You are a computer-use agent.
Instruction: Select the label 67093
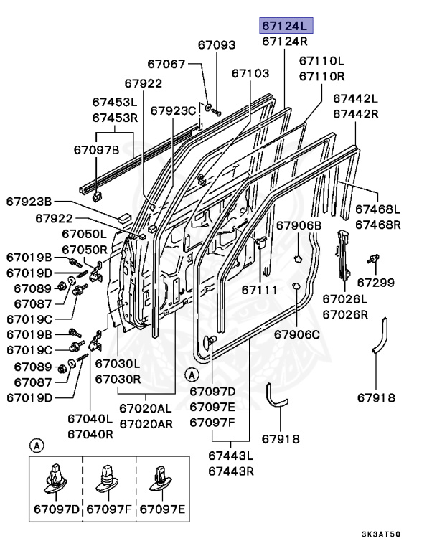tap(217, 44)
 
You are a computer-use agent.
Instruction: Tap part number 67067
tap(166, 65)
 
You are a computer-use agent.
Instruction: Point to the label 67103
tap(250, 73)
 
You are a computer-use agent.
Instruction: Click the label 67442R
tap(355, 113)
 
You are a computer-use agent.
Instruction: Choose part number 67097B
tap(95, 149)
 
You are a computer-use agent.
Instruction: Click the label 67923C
tap(173, 110)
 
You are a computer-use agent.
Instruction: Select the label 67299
tap(376, 282)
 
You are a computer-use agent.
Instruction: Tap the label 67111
tap(259, 289)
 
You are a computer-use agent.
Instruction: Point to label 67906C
tap(296, 334)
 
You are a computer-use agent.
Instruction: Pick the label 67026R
tap(344, 314)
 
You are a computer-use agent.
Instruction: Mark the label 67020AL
tap(146, 408)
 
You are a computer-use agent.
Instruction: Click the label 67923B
tap(29, 201)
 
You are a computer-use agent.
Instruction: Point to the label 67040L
tap(90, 418)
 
